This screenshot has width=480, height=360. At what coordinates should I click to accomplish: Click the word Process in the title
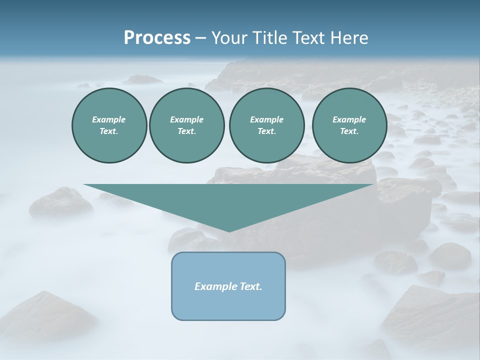[x=157, y=38]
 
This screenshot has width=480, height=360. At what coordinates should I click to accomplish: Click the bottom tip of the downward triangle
[x=229, y=230]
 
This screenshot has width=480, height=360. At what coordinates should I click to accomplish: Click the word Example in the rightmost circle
[x=349, y=119]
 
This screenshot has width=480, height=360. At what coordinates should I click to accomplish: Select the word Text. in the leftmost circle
[x=109, y=131]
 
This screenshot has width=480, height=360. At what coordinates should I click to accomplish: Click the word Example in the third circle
[x=266, y=119]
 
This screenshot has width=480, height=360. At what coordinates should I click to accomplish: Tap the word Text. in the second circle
[x=187, y=131]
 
